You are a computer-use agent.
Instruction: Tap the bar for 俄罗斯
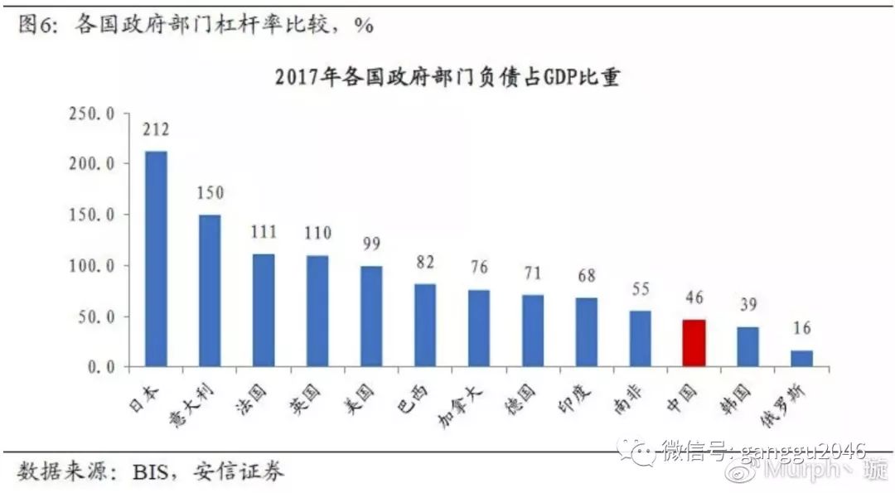(x=801, y=358)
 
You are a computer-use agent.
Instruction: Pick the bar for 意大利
(x=210, y=290)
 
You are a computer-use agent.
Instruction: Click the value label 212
(x=156, y=130)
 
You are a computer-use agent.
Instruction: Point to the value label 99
(x=370, y=244)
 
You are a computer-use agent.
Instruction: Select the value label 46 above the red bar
(x=694, y=298)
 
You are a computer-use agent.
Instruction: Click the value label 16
(x=801, y=329)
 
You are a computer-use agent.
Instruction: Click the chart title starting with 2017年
(x=447, y=79)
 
